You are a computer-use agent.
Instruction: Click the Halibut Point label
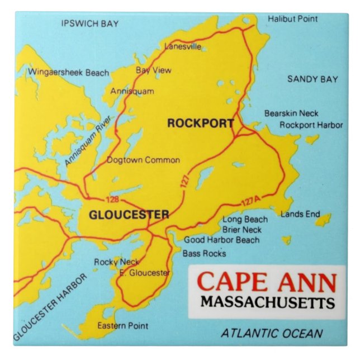tap(292, 19)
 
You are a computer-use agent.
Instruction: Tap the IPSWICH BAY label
tap(90, 23)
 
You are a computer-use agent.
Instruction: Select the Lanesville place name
tap(183, 47)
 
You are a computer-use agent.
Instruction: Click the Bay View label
tap(154, 70)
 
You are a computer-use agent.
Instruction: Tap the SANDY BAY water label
tap(312, 79)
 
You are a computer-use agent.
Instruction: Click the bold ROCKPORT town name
tap(200, 124)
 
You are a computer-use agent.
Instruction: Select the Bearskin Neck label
tap(291, 113)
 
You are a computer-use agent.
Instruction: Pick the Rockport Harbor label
tap(311, 125)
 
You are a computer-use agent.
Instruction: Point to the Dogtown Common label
tap(144, 160)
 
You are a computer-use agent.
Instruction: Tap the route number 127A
tap(252, 203)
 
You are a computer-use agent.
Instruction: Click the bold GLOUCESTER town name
tap(129, 215)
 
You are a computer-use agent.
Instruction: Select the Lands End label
tap(300, 214)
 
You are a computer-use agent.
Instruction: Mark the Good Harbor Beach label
tap(222, 240)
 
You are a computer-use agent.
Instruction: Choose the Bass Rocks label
tap(204, 254)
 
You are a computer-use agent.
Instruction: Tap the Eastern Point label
tap(123, 325)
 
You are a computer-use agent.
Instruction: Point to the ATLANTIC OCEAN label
tap(272, 334)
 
